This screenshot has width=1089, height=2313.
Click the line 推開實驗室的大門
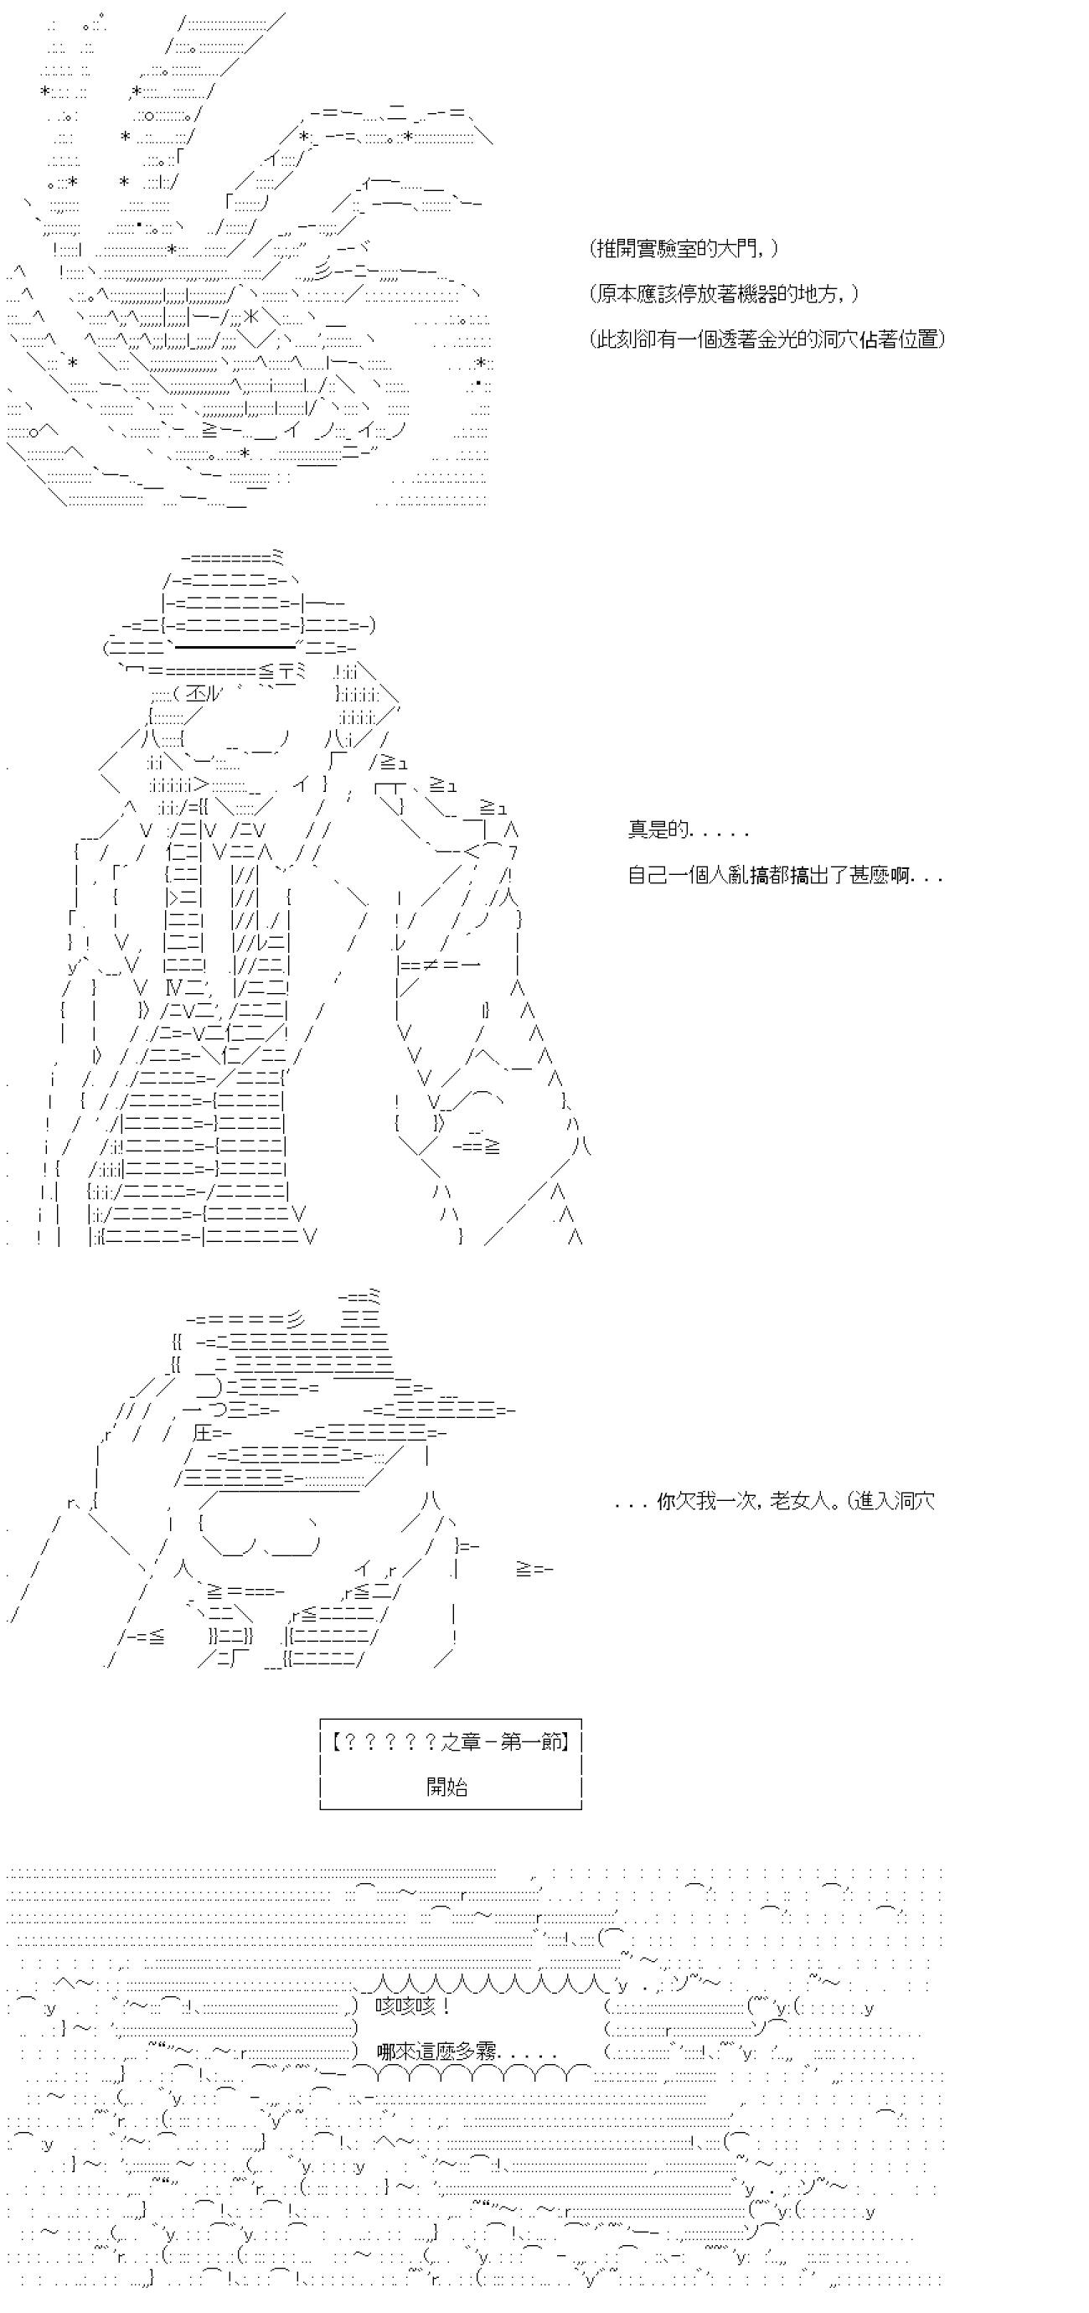(x=684, y=249)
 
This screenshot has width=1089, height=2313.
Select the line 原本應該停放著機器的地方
(x=725, y=293)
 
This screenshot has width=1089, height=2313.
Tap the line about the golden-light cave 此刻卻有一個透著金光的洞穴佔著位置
(x=767, y=339)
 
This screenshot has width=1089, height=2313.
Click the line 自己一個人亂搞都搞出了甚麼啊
(x=784, y=875)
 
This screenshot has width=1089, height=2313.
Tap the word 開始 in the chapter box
(x=447, y=1786)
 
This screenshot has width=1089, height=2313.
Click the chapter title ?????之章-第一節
(x=450, y=1742)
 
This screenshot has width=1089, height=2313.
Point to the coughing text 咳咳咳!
(x=413, y=2005)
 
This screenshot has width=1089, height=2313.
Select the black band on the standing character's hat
(x=235, y=645)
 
